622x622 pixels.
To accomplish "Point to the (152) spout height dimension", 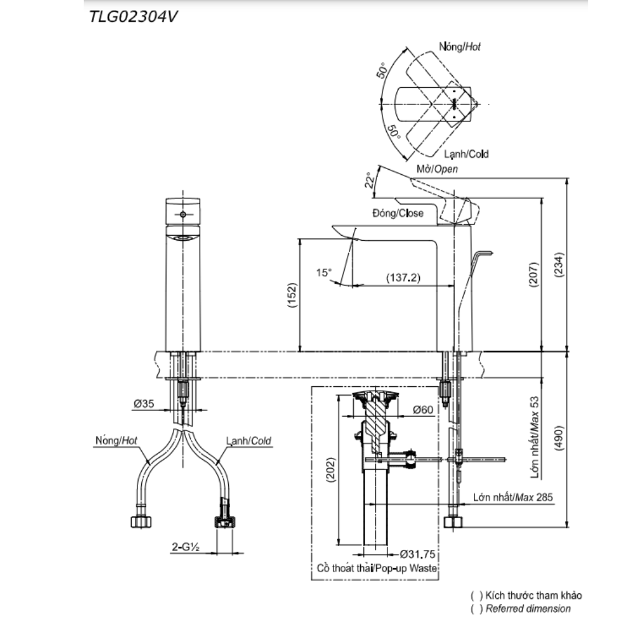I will [292, 297].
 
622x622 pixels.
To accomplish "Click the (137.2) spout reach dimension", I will [403, 277].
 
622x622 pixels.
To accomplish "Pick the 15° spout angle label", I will [324, 272].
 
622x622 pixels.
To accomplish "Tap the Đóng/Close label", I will [397, 213].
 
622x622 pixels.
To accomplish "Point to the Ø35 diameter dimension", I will [144, 404].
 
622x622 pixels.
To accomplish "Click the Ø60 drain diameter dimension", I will [424, 410].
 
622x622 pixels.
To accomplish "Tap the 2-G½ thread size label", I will [185, 547].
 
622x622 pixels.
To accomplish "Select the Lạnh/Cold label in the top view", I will [466, 154].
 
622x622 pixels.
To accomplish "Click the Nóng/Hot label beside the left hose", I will [116, 440].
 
